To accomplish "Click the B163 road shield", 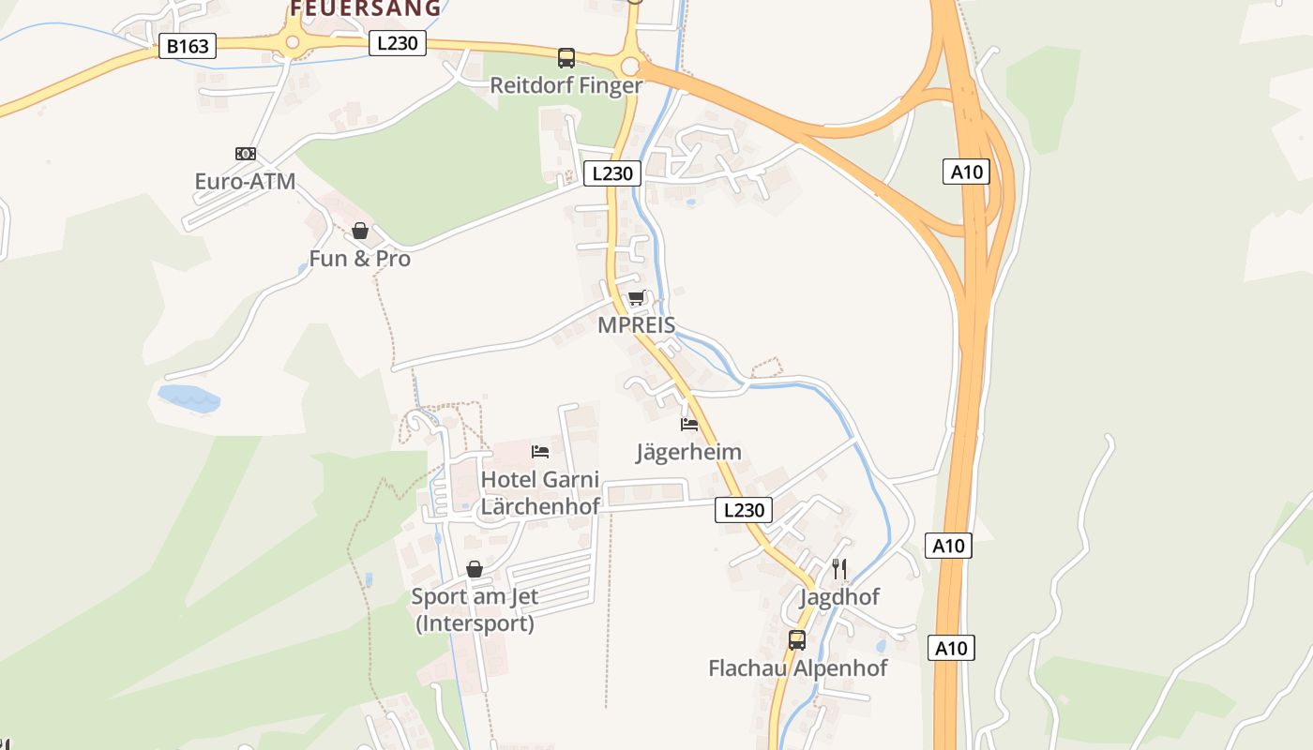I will (188, 46).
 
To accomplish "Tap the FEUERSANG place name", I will (365, 8).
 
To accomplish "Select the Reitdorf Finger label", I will (566, 85).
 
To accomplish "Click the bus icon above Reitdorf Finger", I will (566, 58).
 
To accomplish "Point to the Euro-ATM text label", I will (245, 181).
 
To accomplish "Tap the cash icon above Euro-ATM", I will (246, 153).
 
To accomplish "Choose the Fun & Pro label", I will (360, 259).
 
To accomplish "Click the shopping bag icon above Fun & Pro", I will (360, 231).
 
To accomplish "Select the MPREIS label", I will (637, 325).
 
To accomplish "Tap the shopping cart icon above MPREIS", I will (637, 298).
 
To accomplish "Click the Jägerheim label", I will (689, 452).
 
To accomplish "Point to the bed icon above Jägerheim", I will (690, 424).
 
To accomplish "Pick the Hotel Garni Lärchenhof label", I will (540, 493).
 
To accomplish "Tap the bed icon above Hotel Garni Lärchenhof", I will (540, 452).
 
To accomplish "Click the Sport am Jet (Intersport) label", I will (475, 609).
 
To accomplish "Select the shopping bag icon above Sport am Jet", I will (475, 569).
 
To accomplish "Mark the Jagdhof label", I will (839, 597).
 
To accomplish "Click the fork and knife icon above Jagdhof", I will (839, 568).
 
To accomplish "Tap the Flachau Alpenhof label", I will (797, 668).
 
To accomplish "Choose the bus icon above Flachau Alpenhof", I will (797, 640).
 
